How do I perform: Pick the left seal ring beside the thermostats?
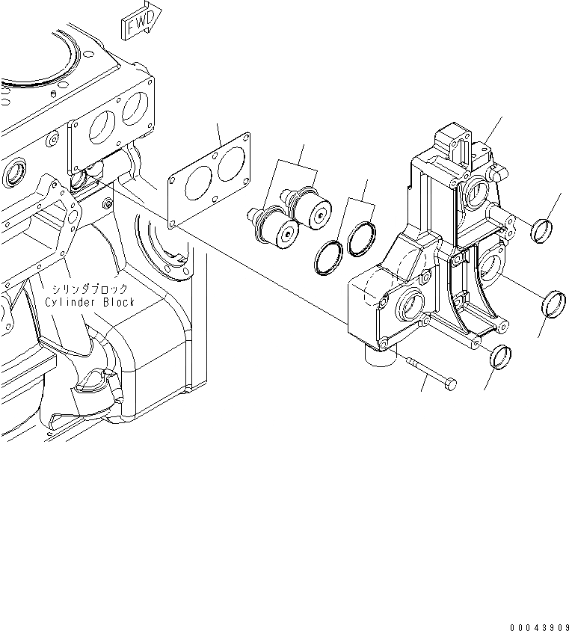click(x=328, y=257)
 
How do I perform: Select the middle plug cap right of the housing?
click(x=553, y=303)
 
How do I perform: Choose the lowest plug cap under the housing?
click(x=499, y=357)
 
